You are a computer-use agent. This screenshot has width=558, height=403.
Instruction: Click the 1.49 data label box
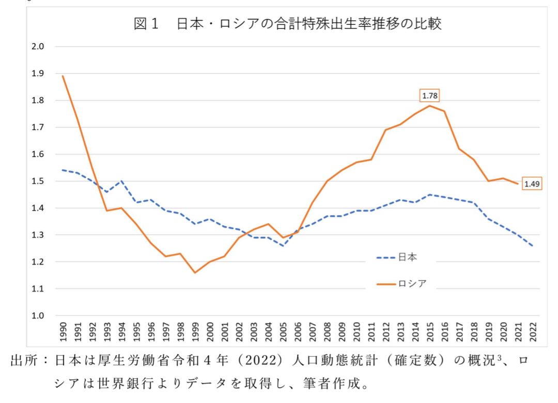pos(533,183)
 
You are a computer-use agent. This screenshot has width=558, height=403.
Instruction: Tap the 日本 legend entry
pos(404,257)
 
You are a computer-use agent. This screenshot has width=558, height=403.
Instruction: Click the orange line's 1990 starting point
pos(63,76)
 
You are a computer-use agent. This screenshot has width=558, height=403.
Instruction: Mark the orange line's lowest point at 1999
pos(195,272)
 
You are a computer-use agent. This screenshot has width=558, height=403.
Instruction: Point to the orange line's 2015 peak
pos(429,106)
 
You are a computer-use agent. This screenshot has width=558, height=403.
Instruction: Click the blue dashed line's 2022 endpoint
pos(532,246)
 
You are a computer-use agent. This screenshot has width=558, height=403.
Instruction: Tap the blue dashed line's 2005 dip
pos(283,246)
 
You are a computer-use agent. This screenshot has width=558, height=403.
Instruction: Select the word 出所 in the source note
pos(23,361)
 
